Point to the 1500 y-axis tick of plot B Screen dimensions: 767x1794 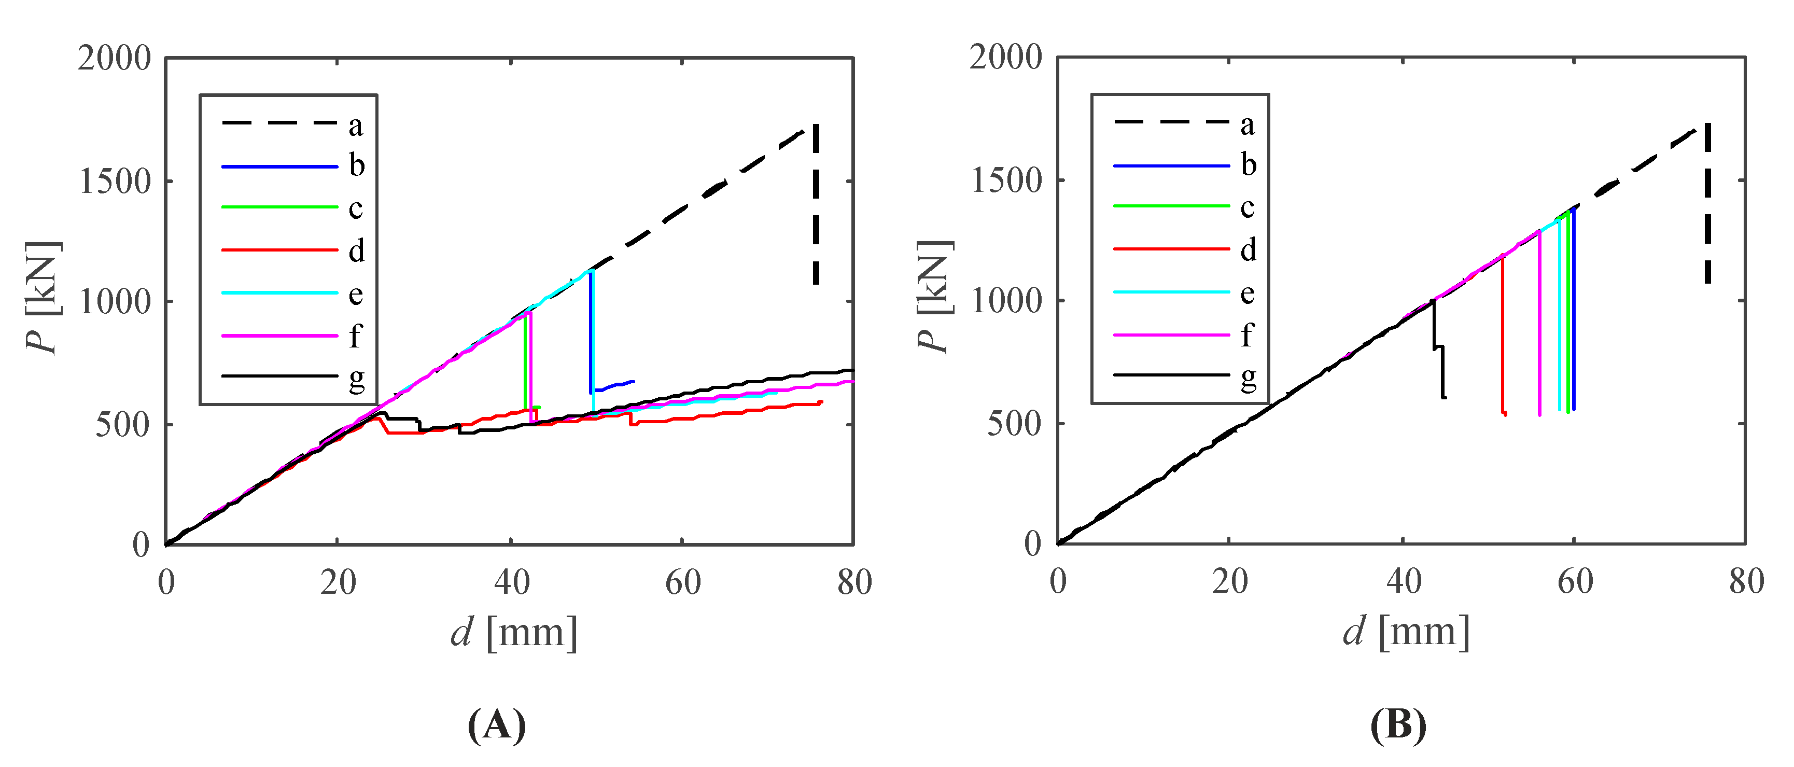pos(1006,180)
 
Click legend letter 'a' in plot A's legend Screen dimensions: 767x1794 pos(356,126)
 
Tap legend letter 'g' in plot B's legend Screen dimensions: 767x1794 pos(1248,378)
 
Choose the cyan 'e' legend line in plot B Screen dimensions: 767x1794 pos(1171,292)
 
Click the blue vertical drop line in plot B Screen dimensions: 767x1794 pos(1573,313)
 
